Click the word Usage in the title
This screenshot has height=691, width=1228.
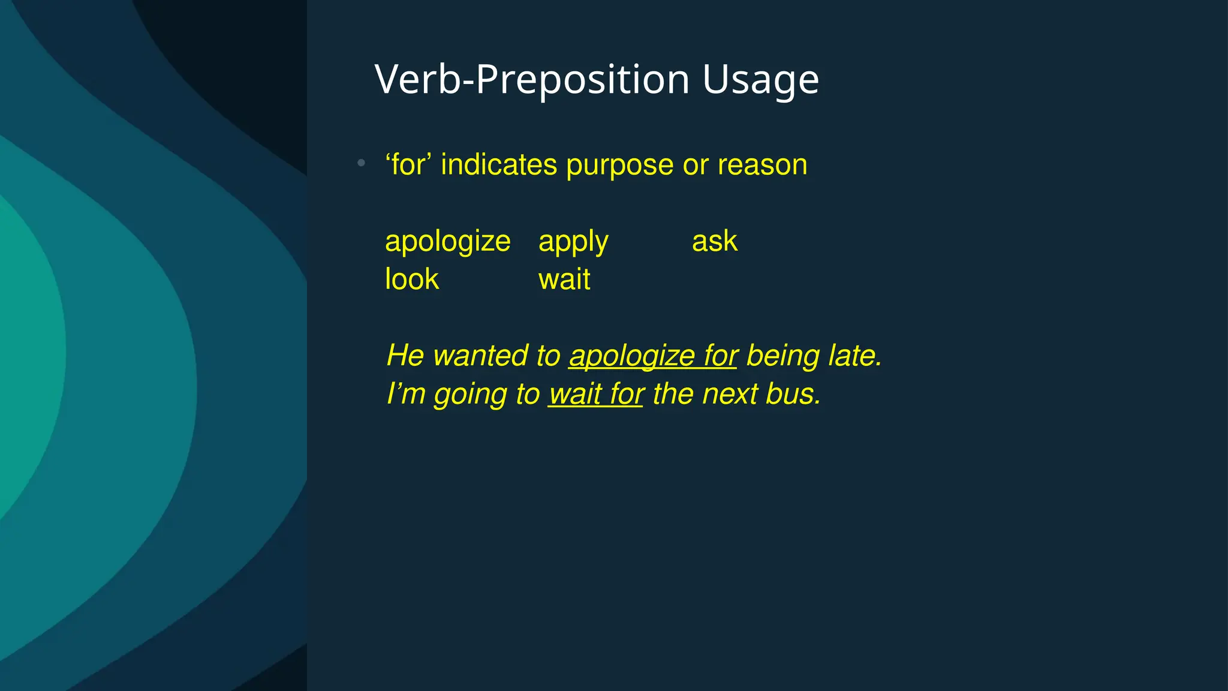[760, 80]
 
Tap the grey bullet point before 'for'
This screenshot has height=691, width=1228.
[361, 163]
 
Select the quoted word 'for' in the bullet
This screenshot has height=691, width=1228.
[408, 165]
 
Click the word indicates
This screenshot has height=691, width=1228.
[499, 165]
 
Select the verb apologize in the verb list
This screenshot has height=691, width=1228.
[447, 242]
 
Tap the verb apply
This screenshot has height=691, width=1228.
[573, 242]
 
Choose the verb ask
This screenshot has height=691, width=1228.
[714, 241]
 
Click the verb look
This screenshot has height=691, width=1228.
[412, 280]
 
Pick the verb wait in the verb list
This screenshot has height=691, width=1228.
[564, 280]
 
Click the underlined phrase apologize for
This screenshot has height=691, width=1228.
[653, 356]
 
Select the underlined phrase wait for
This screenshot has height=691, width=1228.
[596, 395]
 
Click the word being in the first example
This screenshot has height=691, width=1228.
[782, 356]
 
